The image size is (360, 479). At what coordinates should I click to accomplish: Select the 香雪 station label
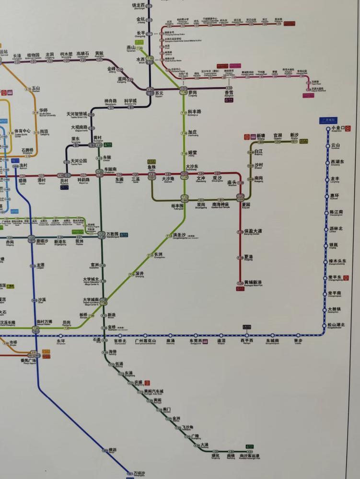tap(229, 94)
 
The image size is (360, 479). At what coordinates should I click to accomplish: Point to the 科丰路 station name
tap(194, 112)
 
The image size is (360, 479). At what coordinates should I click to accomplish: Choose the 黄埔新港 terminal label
tap(253, 282)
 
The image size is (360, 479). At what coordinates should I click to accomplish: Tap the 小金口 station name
tap(338, 128)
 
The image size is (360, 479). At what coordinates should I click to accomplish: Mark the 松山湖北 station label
tap(336, 325)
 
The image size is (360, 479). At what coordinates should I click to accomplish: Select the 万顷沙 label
tap(139, 473)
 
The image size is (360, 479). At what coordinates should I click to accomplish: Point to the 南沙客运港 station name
tap(249, 456)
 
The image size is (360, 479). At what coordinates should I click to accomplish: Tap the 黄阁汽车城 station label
tap(154, 391)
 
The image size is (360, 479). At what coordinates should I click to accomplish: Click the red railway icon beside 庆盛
tap(148, 383)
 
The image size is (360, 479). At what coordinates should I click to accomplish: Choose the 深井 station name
tap(139, 274)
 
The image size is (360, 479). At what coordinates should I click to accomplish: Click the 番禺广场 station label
tap(28, 360)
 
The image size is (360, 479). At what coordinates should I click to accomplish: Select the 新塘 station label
tap(261, 136)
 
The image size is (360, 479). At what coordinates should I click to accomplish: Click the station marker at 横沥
tap(104, 450)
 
